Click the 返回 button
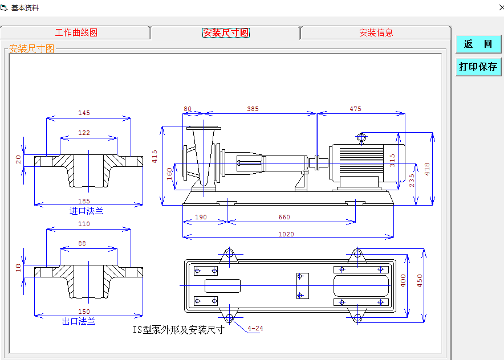(x=478, y=44)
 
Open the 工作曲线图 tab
(x=76, y=32)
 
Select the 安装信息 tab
(x=376, y=32)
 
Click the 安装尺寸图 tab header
(x=226, y=32)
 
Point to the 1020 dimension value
(x=286, y=234)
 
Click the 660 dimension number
(x=284, y=217)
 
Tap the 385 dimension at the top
(x=253, y=109)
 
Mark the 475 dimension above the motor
(x=355, y=109)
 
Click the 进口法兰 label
(x=86, y=211)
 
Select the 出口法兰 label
(x=79, y=321)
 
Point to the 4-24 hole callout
(x=255, y=328)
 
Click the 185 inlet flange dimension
(x=84, y=201)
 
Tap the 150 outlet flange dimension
(x=84, y=312)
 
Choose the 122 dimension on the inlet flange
(x=84, y=133)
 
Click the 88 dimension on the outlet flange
(x=82, y=243)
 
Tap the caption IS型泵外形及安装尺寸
(x=178, y=330)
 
